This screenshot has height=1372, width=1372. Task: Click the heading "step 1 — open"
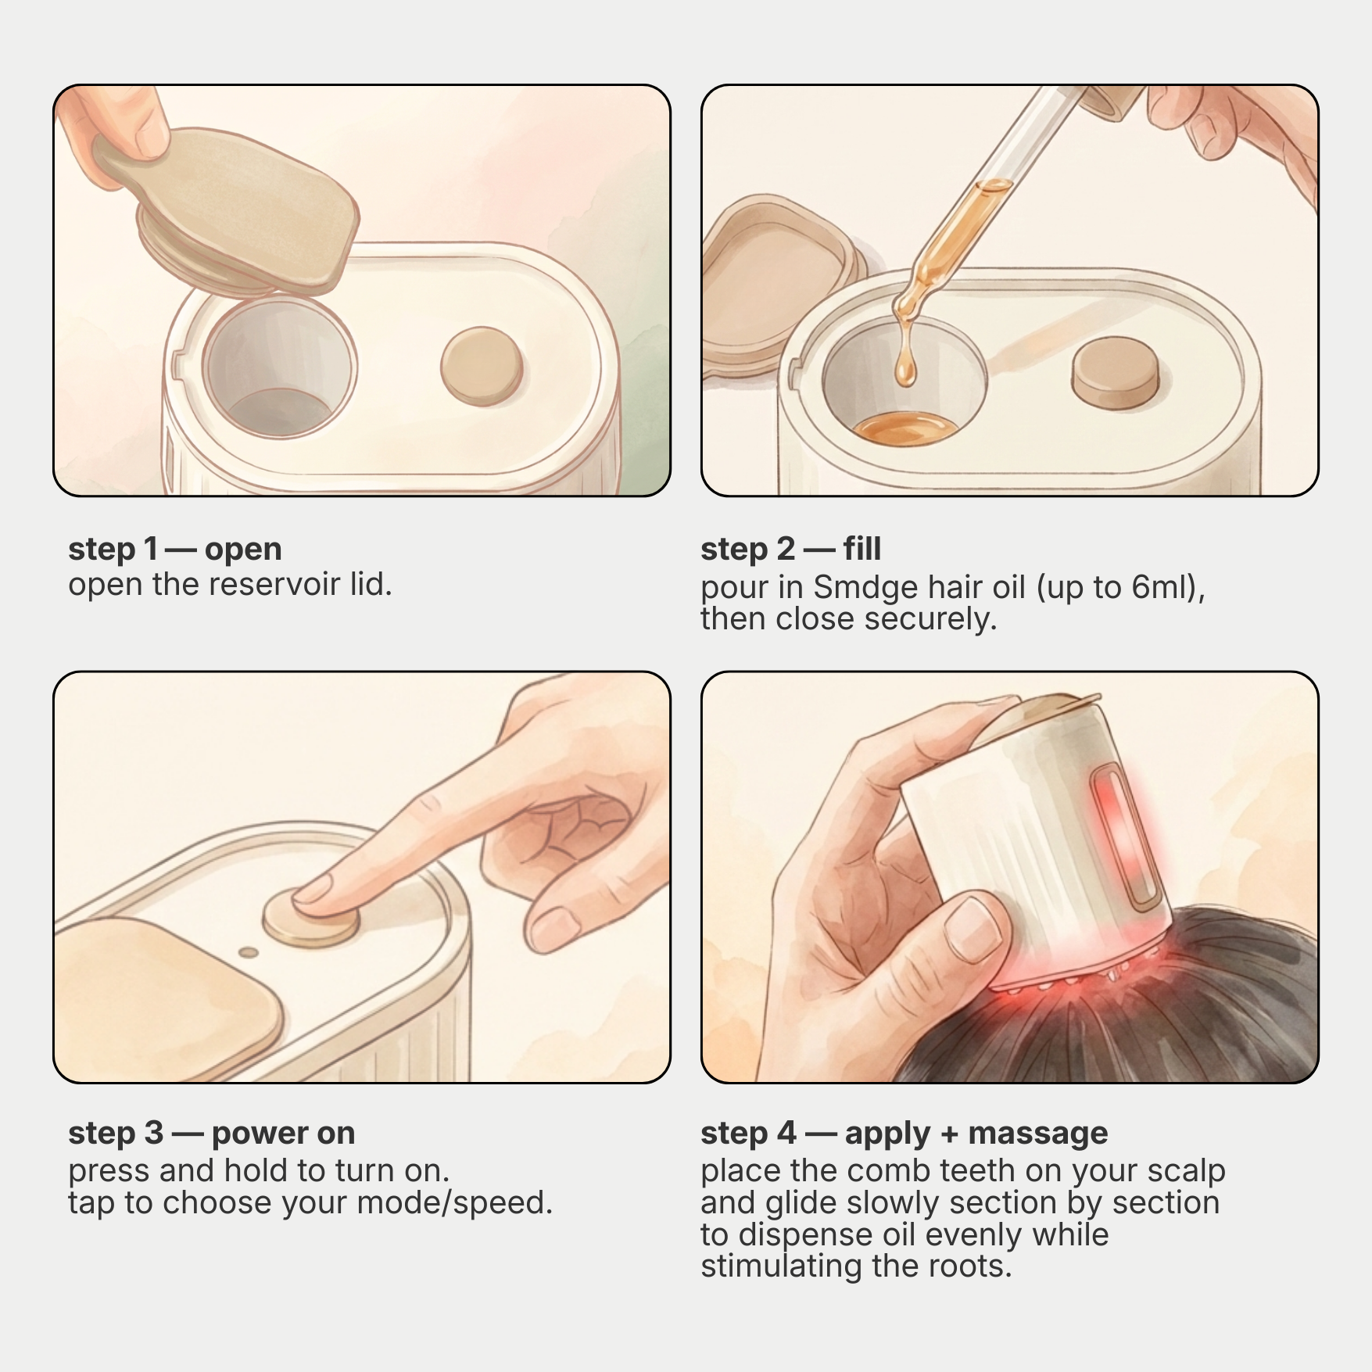pyautogui.click(x=175, y=549)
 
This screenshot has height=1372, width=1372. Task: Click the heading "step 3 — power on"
pyautogui.click(x=212, y=1133)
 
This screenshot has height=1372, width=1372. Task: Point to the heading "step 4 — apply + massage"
pyautogui.click(x=905, y=1133)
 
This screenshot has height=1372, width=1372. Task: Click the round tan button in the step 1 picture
pyautogui.click(x=482, y=366)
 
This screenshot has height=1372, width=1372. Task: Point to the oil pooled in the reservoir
pyautogui.click(x=905, y=428)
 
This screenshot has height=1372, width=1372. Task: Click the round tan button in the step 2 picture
pyautogui.click(x=1115, y=372)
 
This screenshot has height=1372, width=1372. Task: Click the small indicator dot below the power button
pyautogui.click(x=249, y=953)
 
